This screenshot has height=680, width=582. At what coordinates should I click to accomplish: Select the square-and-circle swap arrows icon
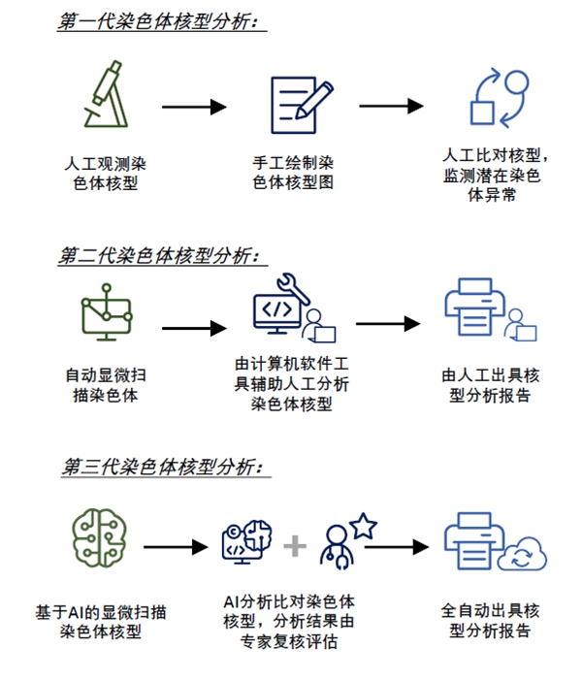[500, 98]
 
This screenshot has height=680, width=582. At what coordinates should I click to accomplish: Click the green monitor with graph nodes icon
[107, 312]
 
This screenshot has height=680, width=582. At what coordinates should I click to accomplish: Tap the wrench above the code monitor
[293, 287]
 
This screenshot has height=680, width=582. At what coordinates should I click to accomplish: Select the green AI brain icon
[99, 537]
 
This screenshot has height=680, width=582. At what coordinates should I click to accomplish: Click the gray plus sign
[295, 546]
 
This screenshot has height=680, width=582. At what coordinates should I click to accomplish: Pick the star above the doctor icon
[364, 526]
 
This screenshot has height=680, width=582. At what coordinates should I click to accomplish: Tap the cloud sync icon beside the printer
[523, 555]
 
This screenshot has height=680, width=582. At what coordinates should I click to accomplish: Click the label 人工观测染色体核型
[106, 174]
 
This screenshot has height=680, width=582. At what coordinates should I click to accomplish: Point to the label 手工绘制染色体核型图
[293, 173]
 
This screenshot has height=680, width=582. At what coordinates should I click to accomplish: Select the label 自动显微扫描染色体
[106, 385]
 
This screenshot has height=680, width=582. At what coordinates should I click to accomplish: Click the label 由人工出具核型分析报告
[490, 385]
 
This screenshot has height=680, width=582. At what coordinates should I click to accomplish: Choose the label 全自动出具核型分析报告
[490, 621]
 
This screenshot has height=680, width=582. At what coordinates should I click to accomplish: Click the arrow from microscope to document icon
[194, 107]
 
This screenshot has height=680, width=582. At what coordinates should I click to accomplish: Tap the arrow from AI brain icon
[177, 547]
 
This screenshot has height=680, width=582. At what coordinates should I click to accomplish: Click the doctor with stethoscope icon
[337, 547]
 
